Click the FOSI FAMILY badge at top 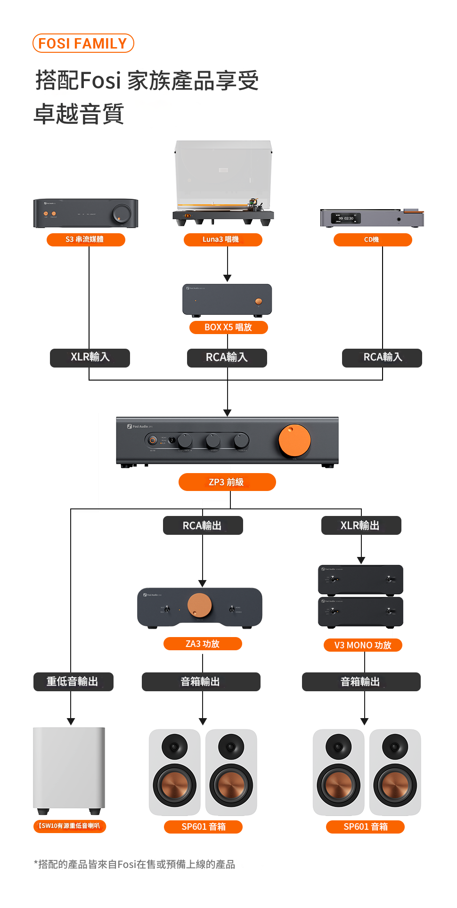click(83, 43)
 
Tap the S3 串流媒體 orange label click(86, 239)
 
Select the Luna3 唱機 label click(222, 239)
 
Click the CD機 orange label click(372, 240)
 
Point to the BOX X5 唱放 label click(228, 327)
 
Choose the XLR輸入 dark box click(90, 358)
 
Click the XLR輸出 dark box click(361, 525)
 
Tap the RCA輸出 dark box click(203, 525)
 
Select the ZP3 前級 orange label click(227, 482)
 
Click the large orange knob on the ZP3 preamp click(294, 441)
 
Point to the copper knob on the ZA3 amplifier click(200, 605)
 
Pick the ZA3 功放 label click(203, 644)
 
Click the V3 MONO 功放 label click(363, 645)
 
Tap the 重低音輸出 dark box click(73, 682)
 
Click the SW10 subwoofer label click(70, 826)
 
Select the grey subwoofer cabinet click(69, 768)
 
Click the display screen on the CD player click(346, 219)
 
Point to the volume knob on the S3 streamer click(121, 214)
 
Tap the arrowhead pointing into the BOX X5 click(228, 278)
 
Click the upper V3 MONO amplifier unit click(360, 579)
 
